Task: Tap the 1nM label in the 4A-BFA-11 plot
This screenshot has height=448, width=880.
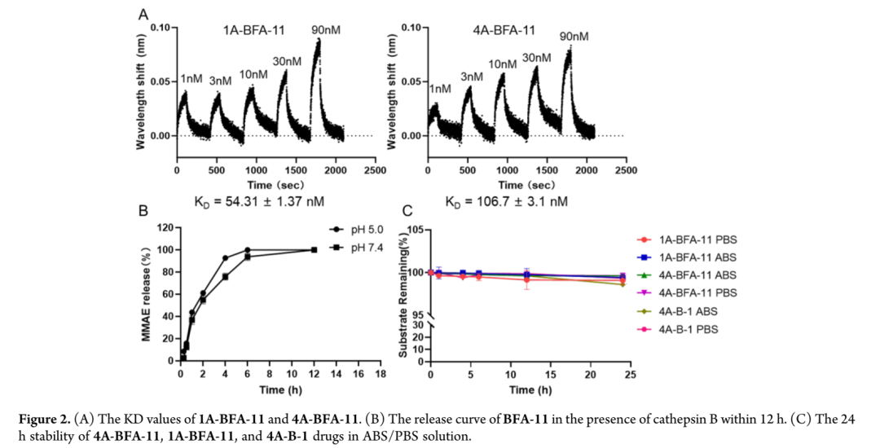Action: click(x=439, y=89)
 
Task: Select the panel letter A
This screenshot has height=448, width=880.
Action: click(x=143, y=14)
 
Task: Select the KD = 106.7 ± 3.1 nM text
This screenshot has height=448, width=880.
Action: click(x=506, y=200)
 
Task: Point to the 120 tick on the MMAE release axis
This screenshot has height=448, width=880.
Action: click(x=164, y=227)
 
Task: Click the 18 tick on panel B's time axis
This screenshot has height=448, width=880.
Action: click(x=380, y=374)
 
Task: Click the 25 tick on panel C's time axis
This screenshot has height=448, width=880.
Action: click(x=630, y=374)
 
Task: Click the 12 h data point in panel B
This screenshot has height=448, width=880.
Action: click(x=314, y=249)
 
